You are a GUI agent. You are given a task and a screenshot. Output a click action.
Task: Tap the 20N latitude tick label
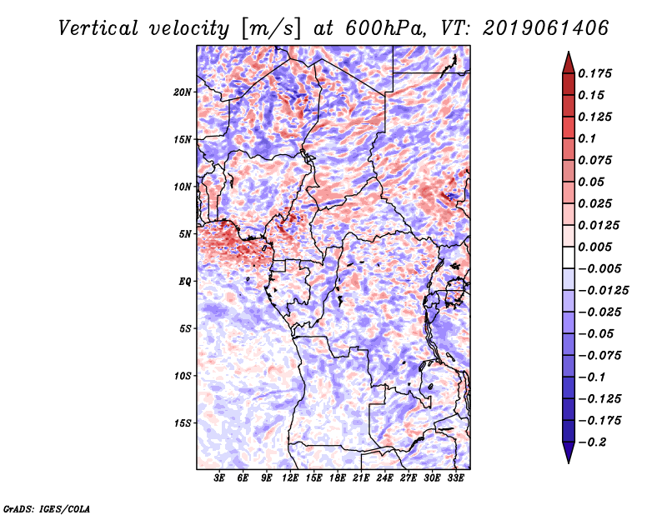coord(183,92)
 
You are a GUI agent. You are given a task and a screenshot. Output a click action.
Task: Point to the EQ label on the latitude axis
coord(185,282)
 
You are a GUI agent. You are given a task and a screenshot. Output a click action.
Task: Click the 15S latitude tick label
coord(183,423)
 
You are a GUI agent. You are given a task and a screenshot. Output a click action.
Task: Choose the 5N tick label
coord(185,234)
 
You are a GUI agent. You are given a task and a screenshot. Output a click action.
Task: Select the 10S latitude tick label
coord(183,376)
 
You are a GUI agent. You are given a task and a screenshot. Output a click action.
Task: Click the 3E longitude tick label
coord(219,479)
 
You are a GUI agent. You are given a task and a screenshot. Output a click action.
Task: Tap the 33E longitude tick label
coord(456,479)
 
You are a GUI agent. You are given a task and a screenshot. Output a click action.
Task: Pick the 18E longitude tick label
coord(338,479)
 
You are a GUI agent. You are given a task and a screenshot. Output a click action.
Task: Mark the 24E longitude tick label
coord(385,479)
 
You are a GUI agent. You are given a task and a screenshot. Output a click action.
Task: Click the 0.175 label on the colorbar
coord(597,73)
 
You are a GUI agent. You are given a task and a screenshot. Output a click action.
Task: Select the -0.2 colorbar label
coord(594,442)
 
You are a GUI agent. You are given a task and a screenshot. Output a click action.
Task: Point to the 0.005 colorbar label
coord(597,247)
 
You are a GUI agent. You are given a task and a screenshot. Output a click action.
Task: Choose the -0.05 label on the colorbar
coord(597,333)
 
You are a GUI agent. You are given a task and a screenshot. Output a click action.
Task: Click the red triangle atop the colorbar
coord(567,62)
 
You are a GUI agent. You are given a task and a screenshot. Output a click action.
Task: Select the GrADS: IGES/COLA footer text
coord(46,507)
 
